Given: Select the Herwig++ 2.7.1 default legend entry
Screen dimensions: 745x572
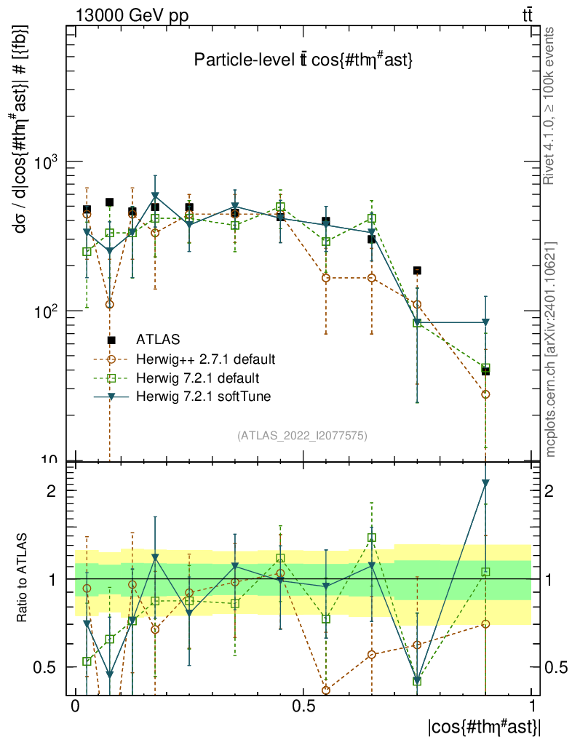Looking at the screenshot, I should (x=205, y=359).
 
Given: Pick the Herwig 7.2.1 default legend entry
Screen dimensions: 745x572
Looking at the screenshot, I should (x=198, y=378).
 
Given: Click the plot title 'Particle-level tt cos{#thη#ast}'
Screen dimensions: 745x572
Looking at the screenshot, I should (x=303, y=61).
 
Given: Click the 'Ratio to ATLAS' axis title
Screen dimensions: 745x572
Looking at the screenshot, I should (x=23, y=578).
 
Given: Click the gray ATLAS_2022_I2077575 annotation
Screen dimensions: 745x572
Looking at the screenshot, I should (x=302, y=436).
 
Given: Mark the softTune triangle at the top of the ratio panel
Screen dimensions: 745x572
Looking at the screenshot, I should (x=485, y=482).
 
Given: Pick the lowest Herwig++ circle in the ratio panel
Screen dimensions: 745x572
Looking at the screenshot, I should (x=326, y=690).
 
